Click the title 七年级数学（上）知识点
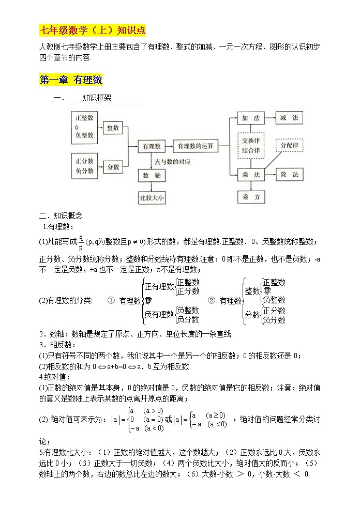tap(85, 29)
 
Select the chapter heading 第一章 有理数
tap(71, 80)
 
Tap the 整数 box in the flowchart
tap(113, 127)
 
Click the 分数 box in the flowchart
tap(113, 167)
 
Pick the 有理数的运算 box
tap(196, 146)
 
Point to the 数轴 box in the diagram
tap(151, 176)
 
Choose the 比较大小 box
tap(151, 197)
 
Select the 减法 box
tap(289, 118)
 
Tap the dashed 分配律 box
tap(290, 145)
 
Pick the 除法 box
tap(289, 175)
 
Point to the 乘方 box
tap(250, 197)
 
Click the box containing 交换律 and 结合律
tap(250, 146)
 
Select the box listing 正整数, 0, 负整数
tap(84, 127)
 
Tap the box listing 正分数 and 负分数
tap(84, 166)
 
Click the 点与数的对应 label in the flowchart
tap(172, 162)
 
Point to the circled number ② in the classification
tap(211, 300)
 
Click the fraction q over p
tap(81, 241)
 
